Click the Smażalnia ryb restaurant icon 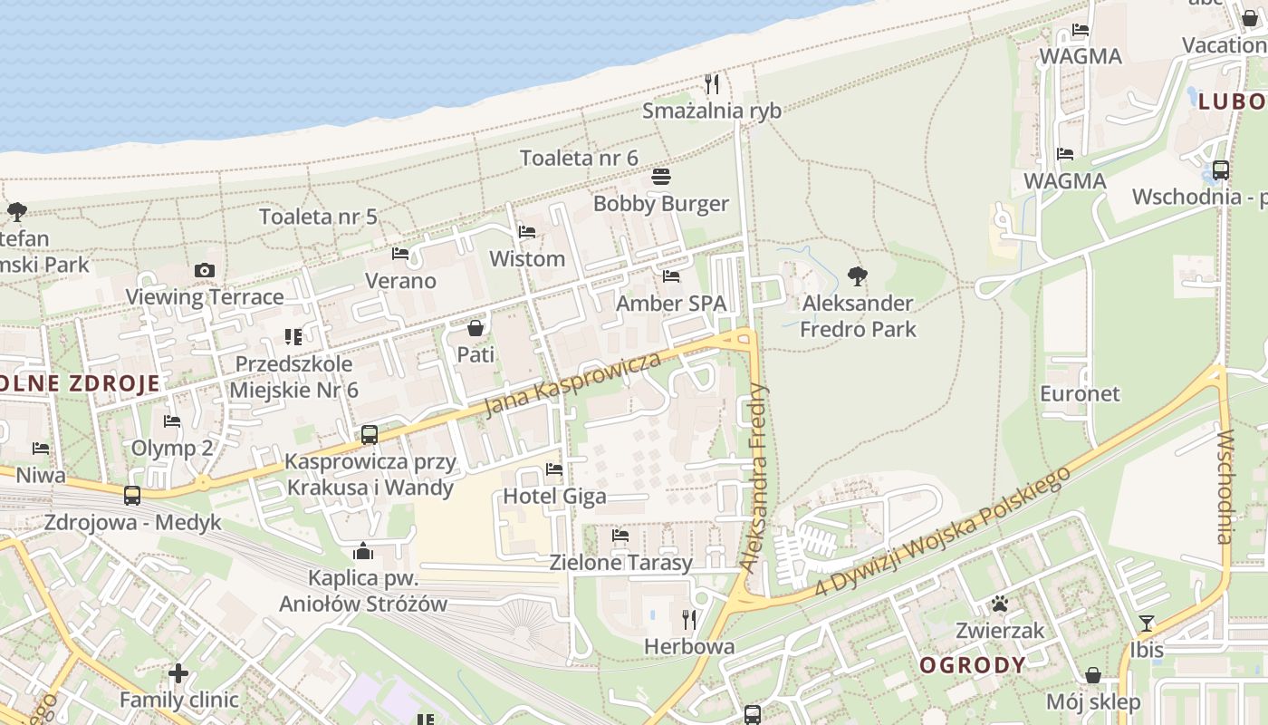712,84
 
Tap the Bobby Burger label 660,203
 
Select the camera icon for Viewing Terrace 205,270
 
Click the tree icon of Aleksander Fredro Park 857,276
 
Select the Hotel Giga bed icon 554,469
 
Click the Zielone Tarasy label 620,562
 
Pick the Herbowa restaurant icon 689,620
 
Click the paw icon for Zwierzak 1000,604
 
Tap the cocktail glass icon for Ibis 1147,623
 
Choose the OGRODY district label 973,665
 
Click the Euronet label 1080,393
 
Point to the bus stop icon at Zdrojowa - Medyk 132,496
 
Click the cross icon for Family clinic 178,673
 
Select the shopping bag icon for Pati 475,327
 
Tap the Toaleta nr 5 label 318,217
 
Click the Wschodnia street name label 1225,487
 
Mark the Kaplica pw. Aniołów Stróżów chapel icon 363,551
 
